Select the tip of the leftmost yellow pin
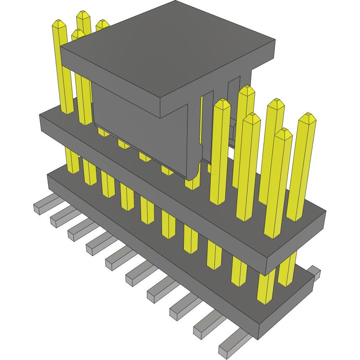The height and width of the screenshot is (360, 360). pyautogui.click(x=59, y=23)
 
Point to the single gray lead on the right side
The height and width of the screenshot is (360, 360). pyautogui.click(x=315, y=271)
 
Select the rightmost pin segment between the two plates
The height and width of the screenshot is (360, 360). pyautogui.click(x=287, y=269)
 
